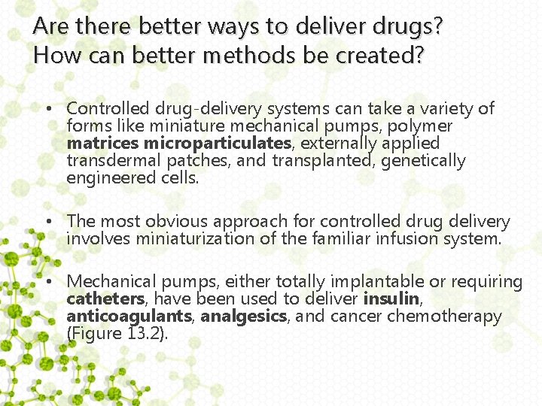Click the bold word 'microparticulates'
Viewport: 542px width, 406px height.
coord(218,143)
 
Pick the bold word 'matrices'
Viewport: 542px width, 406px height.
coord(103,143)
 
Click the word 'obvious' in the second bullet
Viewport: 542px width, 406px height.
coord(180,222)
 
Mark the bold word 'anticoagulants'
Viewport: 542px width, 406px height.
coord(129,317)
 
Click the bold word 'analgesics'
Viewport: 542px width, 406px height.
coord(244,317)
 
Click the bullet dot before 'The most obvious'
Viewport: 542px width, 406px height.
coord(47,223)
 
